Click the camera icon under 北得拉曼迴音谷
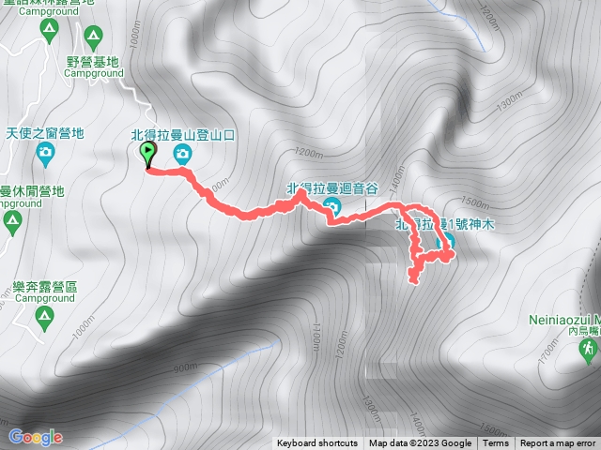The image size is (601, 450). tap(330, 206)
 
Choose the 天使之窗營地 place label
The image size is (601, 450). tap(45, 132)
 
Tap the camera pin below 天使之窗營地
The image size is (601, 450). tap(45, 150)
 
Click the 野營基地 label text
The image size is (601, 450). tap(93, 63)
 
